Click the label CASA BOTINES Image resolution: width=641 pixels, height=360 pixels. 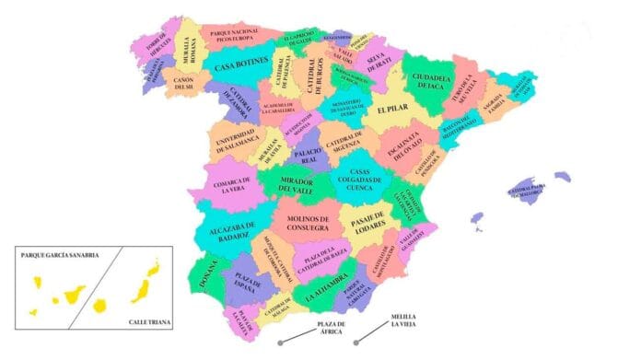pyautogui.click(x=241, y=66)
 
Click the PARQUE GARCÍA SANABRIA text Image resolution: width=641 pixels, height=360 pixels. pyautogui.click(x=60, y=255)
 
